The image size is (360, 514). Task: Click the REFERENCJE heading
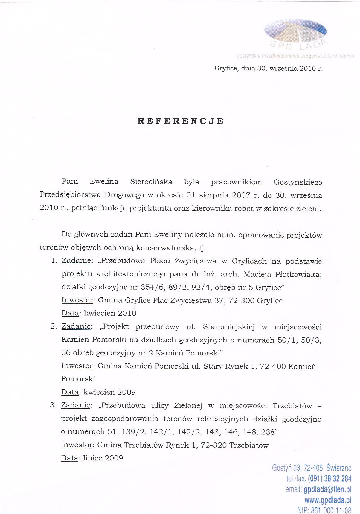tap(181, 121)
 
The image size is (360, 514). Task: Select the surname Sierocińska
tap(151, 182)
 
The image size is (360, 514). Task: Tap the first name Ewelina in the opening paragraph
tap(104, 182)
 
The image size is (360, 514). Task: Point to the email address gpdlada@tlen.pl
tap(327, 489)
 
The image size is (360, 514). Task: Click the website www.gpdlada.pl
tap(328, 500)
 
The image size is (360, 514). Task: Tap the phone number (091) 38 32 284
tap(330, 479)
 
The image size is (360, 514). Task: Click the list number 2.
tap(54, 326)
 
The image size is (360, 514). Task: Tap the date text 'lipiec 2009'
tap(103, 458)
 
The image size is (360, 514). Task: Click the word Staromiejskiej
tap(229, 327)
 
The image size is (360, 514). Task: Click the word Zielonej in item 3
tap(188, 406)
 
